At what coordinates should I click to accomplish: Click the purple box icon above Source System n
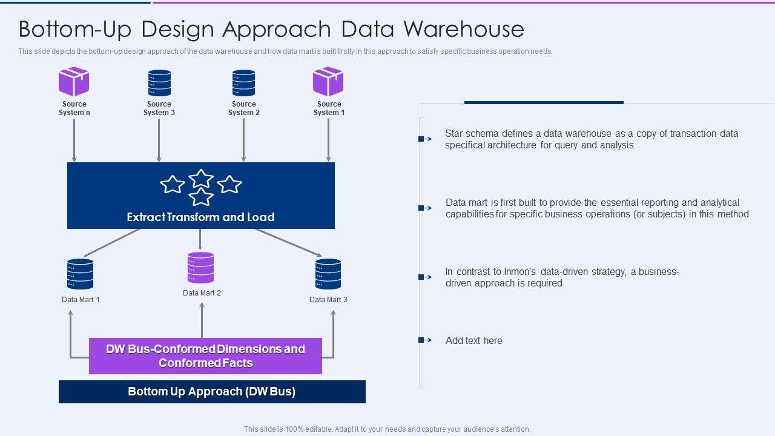tap(74, 81)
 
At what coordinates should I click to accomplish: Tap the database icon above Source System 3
tap(159, 83)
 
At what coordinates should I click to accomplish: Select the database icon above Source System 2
tap(243, 83)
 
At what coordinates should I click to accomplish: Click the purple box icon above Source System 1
tap(328, 81)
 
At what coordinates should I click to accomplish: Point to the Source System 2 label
tap(244, 108)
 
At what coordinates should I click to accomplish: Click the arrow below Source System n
tap(74, 140)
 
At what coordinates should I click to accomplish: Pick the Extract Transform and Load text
tap(200, 217)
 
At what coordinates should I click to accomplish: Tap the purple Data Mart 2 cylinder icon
tap(200, 268)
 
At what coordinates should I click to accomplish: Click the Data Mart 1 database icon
tap(81, 274)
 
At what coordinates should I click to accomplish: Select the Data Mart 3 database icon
tap(328, 274)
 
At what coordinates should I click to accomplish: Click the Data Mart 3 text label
tap(328, 300)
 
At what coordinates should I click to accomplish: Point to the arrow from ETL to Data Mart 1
tap(112, 243)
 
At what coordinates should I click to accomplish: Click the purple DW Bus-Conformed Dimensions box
tap(205, 356)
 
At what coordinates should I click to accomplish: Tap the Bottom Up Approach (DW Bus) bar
tap(212, 392)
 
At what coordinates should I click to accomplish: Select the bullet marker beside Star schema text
tap(425, 139)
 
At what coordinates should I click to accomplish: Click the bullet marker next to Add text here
tap(425, 340)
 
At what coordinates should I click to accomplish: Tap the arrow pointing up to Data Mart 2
tap(202, 320)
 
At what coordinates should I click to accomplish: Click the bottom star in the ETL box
tap(200, 197)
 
